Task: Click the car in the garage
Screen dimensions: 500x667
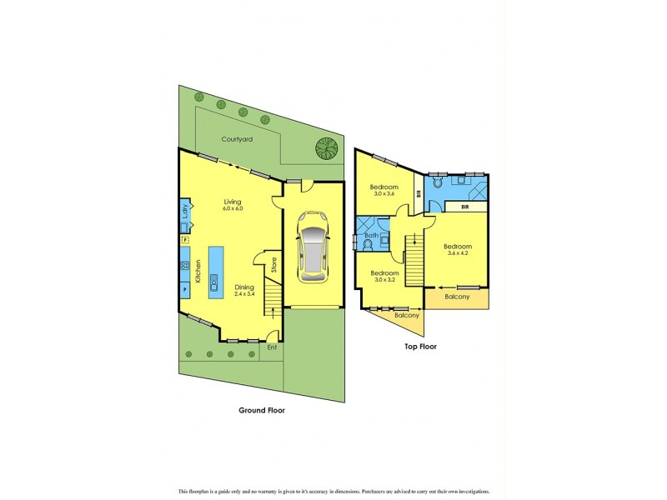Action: (x=313, y=252)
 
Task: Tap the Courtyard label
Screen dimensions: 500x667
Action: (x=237, y=140)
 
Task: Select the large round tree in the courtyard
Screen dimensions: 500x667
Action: (x=327, y=148)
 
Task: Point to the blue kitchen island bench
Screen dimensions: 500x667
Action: (x=216, y=272)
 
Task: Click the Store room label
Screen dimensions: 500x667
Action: (x=273, y=265)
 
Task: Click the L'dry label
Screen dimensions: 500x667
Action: (x=185, y=213)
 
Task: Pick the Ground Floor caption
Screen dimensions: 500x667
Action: (x=262, y=410)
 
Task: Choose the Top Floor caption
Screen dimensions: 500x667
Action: (x=420, y=346)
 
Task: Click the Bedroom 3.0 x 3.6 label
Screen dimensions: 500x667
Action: (x=384, y=190)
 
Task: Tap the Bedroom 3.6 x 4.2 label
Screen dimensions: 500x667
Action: (x=457, y=250)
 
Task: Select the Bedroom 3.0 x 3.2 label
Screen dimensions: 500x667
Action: (x=384, y=277)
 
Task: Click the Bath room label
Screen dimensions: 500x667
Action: (x=371, y=236)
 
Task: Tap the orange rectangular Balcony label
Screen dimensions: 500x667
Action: (x=457, y=297)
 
